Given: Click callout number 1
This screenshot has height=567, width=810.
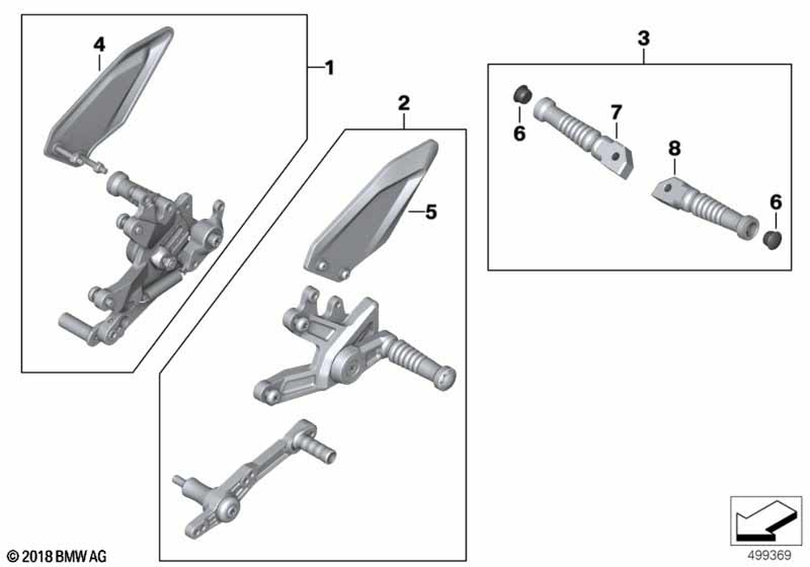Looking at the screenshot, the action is point(330,68).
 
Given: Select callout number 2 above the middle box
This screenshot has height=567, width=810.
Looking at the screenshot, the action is point(403,103).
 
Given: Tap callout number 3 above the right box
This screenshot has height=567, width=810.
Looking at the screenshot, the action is point(644,38).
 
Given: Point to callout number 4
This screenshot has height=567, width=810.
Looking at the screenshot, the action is point(99,45).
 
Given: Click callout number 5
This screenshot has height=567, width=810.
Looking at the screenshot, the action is point(431,211).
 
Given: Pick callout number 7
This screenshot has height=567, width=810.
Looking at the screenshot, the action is point(616,112).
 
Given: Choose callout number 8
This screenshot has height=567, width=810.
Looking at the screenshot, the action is point(674,149).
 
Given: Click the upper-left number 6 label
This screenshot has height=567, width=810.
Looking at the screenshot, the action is point(519,133).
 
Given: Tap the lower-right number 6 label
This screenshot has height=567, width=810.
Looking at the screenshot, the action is point(775,202).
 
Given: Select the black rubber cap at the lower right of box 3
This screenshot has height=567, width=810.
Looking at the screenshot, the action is point(772,240).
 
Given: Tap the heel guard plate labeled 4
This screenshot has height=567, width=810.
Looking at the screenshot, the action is point(108,96).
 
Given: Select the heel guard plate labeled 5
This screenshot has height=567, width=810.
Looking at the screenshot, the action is point(371,210).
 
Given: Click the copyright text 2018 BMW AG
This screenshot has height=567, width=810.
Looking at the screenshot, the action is point(58,556).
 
